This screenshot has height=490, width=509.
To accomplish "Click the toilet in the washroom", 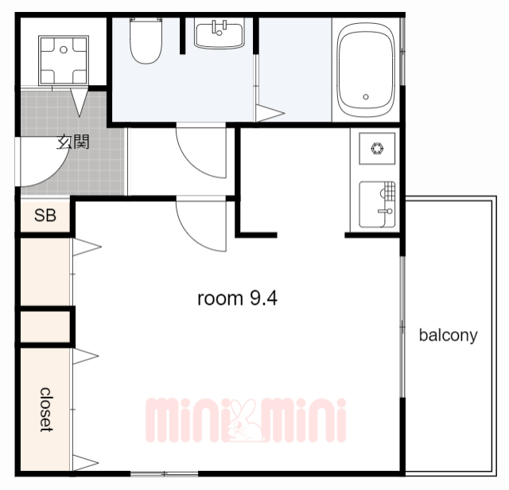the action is click(x=146, y=40).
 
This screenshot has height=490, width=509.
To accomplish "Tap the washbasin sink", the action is click(x=220, y=33).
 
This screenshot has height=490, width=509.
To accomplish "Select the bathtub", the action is click(x=366, y=70).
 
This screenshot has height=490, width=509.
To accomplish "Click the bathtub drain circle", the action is click(x=366, y=97).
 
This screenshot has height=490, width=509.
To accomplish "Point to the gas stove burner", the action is click(x=377, y=149).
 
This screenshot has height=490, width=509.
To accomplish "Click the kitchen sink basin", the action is click(x=377, y=204).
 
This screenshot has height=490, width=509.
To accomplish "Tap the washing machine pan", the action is click(x=64, y=60).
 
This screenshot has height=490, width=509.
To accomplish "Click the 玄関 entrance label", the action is click(x=73, y=142).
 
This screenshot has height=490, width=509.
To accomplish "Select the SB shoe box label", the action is click(x=45, y=216).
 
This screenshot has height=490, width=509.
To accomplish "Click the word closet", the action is click(x=46, y=410).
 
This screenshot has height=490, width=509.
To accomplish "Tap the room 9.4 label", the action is click(x=237, y=298).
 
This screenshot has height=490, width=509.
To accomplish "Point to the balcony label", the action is click(x=449, y=335).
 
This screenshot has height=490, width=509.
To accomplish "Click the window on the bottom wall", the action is click(x=165, y=474).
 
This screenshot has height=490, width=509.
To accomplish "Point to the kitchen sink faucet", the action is click(x=386, y=212).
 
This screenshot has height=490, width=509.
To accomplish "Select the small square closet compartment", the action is click(x=45, y=327).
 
